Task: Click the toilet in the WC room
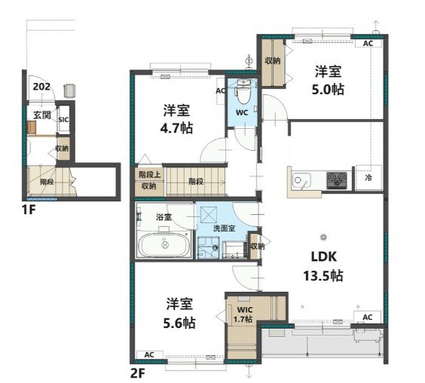click(x=243, y=91)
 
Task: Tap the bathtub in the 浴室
click(x=164, y=245)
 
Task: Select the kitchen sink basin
click(x=301, y=180)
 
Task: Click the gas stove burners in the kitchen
click(x=337, y=180)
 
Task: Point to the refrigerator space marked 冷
click(x=368, y=178)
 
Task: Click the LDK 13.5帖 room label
click(x=323, y=266)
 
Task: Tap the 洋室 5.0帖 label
click(x=328, y=80)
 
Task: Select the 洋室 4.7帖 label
click(x=177, y=119)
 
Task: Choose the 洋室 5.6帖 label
click(x=179, y=314)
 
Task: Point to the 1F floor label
click(x=29, y=210)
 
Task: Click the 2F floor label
click(x=138, y=374)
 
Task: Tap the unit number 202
click(x=41, y=87)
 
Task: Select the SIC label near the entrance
click(x=63, y=120)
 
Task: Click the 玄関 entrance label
click(x=42, y=115)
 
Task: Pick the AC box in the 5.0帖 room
click(x=368, y=44)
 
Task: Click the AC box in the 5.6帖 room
click(x=149, y=354)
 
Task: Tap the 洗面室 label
click(x=224, y=228)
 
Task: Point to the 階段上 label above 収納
click(x=150, y=175)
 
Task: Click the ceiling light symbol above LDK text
click(x=323, y=237)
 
